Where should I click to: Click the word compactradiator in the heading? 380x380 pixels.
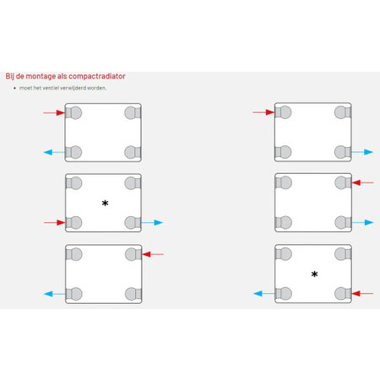pos(97,76)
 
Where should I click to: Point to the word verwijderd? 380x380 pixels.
pos(73,88)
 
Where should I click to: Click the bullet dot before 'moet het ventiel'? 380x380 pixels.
pos(14,88)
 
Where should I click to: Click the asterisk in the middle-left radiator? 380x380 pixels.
pos(105,203)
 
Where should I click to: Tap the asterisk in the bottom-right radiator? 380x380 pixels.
pos(314,274)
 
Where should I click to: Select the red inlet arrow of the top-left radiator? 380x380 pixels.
pos(54,113)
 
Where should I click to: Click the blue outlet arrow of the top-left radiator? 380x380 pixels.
pos(54,152)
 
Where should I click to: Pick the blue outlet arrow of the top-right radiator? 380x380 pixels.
pos(362,152)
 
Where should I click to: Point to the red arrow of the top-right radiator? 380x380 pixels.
pos(263,112)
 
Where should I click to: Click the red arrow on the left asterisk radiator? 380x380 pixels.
pos(55,223)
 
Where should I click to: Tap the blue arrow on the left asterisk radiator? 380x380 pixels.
pos(152,222)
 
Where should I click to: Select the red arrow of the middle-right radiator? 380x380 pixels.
pos(363,182)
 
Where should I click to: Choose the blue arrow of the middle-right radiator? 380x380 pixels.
pos(363,222)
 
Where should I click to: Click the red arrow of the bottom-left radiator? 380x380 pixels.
pos(153,254)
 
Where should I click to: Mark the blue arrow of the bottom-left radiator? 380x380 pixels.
pos(55,294)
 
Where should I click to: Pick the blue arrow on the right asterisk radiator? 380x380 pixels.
pos(264,294)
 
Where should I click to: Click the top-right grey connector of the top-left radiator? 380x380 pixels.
pos(133,113)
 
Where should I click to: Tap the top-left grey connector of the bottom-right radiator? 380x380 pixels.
pos(283,254)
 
